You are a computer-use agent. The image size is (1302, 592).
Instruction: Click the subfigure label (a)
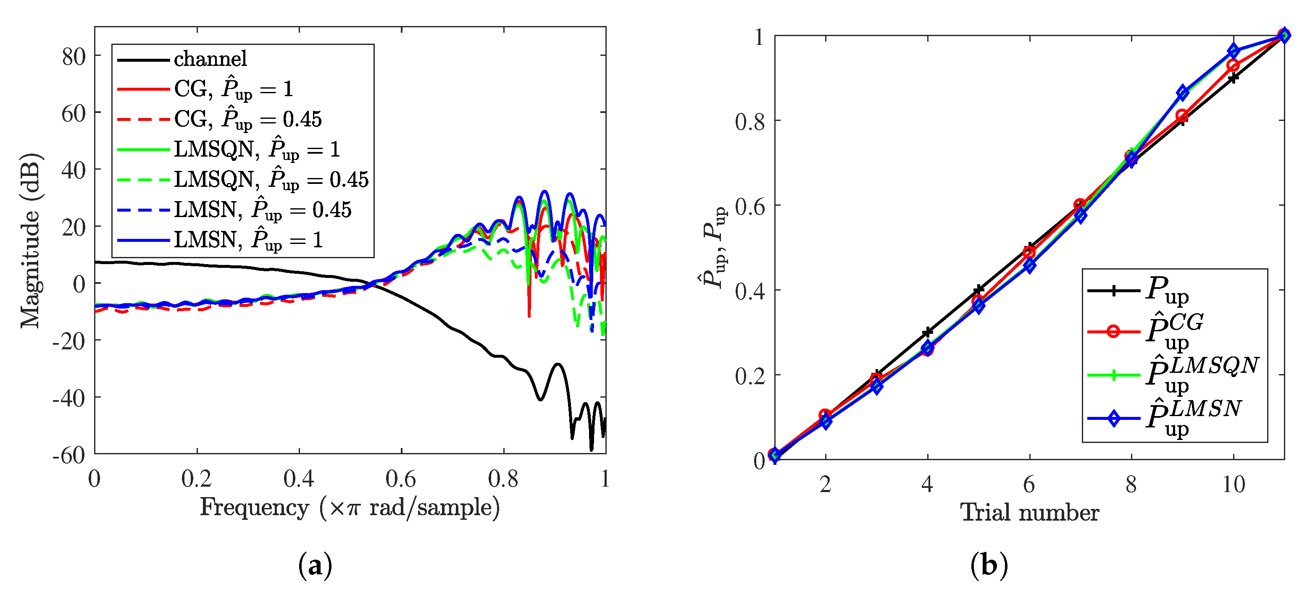coord(316,565)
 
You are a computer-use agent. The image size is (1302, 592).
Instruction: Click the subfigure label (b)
coord(989,565)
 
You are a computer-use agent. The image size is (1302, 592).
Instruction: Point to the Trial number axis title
coord(1030,513)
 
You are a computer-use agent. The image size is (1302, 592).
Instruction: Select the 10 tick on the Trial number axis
coord(1233,485)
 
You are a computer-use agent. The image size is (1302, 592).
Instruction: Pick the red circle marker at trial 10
coord(1233,65)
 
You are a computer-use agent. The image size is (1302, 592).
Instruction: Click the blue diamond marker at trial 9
coord(1182,93)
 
